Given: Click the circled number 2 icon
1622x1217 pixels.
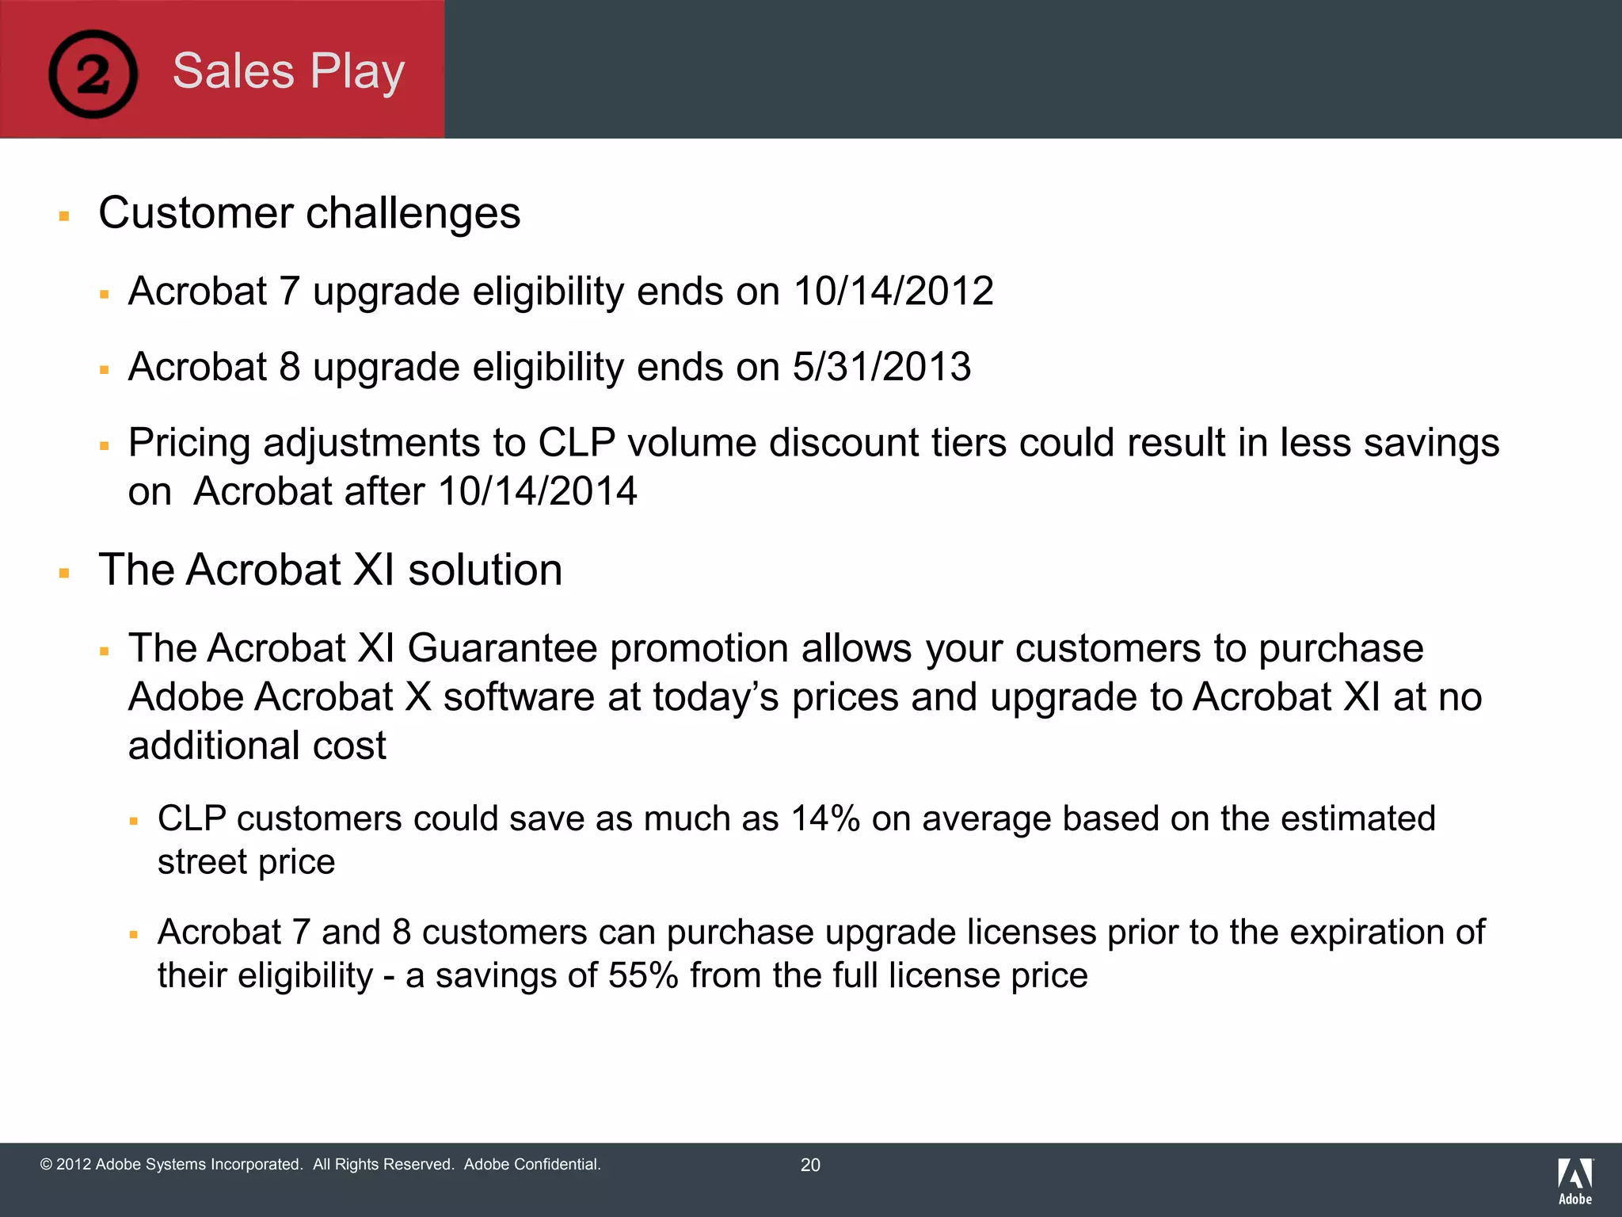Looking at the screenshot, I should [93, 74].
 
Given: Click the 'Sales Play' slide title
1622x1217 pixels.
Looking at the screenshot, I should [288, 71].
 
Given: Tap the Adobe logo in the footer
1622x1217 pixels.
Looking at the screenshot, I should [1574, 1181].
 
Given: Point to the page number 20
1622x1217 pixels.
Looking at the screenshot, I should [810, 1165].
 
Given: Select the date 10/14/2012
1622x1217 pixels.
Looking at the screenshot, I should [893, 292].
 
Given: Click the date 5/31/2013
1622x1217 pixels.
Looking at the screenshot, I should [881, 367].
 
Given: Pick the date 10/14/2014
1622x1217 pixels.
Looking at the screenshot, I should [537, 491].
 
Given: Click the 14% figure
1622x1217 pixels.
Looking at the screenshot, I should [825, 818].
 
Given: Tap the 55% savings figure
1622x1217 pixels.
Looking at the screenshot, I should [643, 975].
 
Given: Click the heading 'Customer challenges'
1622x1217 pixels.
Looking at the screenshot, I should [309, 213].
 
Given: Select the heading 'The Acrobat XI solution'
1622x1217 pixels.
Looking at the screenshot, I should [330, 570].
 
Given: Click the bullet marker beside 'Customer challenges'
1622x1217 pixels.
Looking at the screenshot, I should [65, 216].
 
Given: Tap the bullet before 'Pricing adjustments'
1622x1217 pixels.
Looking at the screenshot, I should [104, 446].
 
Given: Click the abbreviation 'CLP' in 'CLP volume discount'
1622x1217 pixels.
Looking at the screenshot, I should [577, 443].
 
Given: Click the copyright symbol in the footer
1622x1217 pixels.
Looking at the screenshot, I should [46, 1165].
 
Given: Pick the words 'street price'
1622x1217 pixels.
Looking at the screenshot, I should [246, 862].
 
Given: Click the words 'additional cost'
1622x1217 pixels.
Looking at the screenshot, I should [257, 746].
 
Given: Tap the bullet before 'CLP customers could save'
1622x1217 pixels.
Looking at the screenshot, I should [134, 822].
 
